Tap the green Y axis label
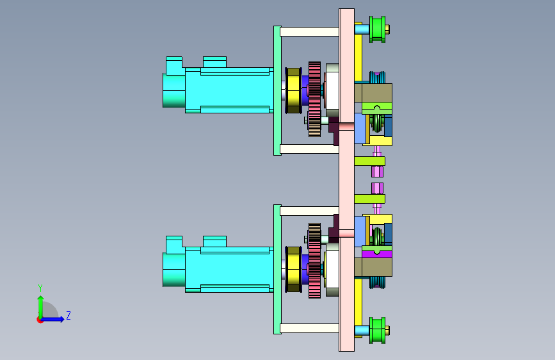[x=40, y=288]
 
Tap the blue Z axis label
[x=68, y=315]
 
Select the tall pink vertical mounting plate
[x=346, y=180]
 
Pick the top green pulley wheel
[x=377, y=29]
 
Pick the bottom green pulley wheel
[x=377, y=331]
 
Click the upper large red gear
[x=314, y=88]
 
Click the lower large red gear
[x=314, y=272]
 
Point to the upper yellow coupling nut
[x=293, y=91]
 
